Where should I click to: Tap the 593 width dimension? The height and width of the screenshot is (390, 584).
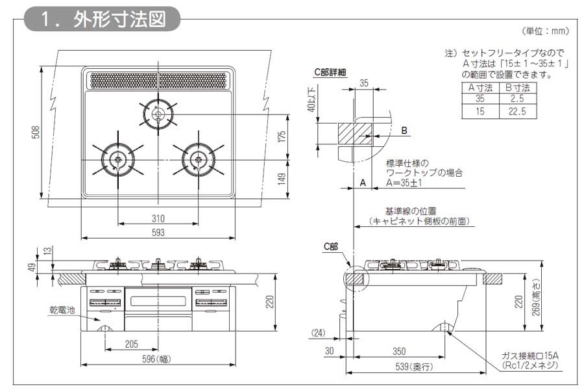pyautogui.click(x=158, y=232)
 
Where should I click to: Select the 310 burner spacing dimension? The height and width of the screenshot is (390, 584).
pyautogui.click(x=158, y=218)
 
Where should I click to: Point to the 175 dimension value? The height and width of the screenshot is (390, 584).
pyautogui.click(x=281, y=137)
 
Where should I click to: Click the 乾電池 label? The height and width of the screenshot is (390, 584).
pyautogui.click(x=63, y=311)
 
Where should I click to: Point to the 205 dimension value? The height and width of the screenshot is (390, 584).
pyautogui.click(x=131, y=344)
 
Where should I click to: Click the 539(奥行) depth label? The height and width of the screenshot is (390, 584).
pyautogui.click(x=415, y=367)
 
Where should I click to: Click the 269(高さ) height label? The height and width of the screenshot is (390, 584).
pyautogui.click(x=535, y=302)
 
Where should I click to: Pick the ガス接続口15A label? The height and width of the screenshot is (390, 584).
pyautogui.click(x=530, y=355)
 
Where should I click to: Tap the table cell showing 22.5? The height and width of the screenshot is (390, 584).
pyautogui.click(x=517, y=111)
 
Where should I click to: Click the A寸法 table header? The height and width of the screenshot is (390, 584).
pyautogui.click(x=481, y=87)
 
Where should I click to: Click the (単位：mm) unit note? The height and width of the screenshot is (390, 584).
pyautogui.click(x=545, y=31)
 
